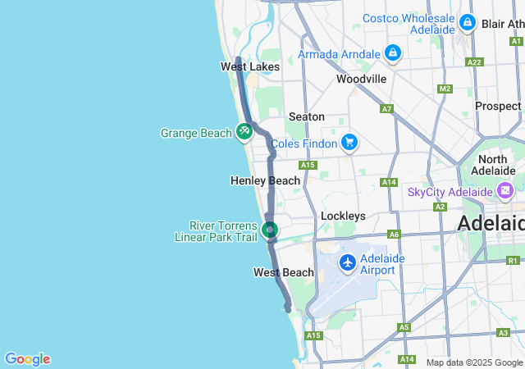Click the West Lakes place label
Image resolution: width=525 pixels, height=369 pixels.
coord(250,66)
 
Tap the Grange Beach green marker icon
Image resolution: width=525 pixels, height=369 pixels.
coord(244,131)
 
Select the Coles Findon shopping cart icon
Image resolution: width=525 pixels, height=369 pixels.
coord(349,143)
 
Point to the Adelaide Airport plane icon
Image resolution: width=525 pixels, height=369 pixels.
coord(348,263)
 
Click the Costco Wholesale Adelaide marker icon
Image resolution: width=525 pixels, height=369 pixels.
coord(468,23)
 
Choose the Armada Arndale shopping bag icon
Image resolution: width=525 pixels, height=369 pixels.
coord(393,53)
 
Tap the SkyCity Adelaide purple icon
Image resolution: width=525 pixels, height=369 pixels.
coord(505,192)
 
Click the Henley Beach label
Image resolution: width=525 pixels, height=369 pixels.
coord(265,180)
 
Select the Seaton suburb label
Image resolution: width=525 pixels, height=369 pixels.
coord(306,117)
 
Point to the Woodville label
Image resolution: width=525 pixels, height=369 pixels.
coord(361,79)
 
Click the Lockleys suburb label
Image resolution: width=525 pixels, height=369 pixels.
coord(342,216)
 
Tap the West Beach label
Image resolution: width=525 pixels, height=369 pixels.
coord(283,272)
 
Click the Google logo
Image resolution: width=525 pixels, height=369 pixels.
coord(27,359)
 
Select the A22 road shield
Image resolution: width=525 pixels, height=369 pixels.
coord(473,61)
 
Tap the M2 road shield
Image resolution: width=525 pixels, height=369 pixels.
coord(445,89)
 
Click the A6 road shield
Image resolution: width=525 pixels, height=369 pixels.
coord(395,234)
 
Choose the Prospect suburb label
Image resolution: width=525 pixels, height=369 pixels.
coord(498,106)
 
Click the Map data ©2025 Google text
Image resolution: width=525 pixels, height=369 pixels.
coord(474,362)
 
